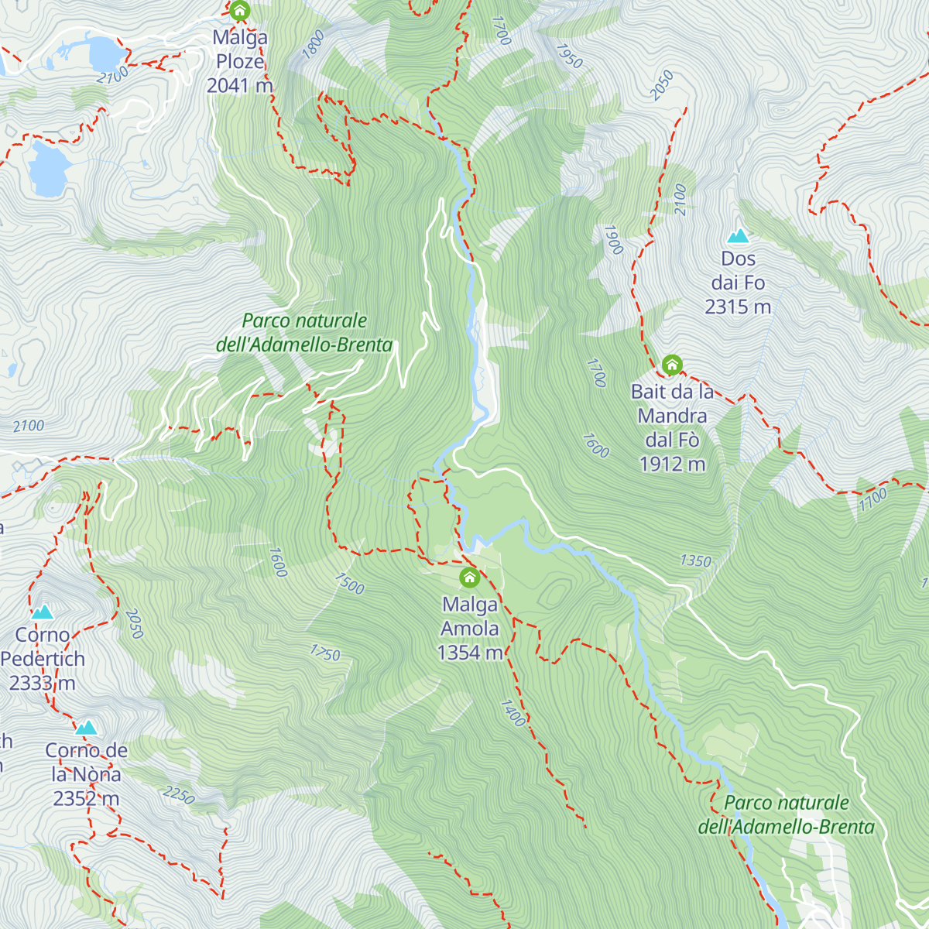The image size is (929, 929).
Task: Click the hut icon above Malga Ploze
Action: tap(240, 11)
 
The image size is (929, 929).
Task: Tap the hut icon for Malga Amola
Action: tap(469, 578)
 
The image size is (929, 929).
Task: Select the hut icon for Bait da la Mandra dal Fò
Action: tap(672, 365)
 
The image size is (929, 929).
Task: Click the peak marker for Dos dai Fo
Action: tap(738, 235)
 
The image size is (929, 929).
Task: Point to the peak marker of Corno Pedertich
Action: tap(43, 612)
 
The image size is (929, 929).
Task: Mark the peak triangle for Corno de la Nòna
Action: tap(86, 728)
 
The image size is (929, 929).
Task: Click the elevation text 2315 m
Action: tap(738, 307)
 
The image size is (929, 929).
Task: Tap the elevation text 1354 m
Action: tap(470, 653)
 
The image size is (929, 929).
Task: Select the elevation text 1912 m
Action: tap(672, 464)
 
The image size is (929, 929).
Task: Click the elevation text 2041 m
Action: tap(239, 86)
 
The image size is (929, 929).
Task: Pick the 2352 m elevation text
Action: tap(86, 799)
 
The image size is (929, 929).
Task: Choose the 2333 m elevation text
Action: tap(42, 684)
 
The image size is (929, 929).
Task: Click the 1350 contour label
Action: tap(695, 561)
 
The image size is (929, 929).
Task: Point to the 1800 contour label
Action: tap(314, 45)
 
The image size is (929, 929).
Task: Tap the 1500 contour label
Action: tap(349, 584)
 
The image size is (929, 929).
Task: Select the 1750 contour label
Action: tap(325, 653)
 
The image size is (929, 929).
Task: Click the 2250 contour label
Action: tap(179, 795)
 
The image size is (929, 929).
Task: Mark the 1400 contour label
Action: tap(513, 713)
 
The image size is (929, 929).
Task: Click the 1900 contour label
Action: tap(613, 240)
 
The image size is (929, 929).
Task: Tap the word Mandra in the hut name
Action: tap(672, 417)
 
